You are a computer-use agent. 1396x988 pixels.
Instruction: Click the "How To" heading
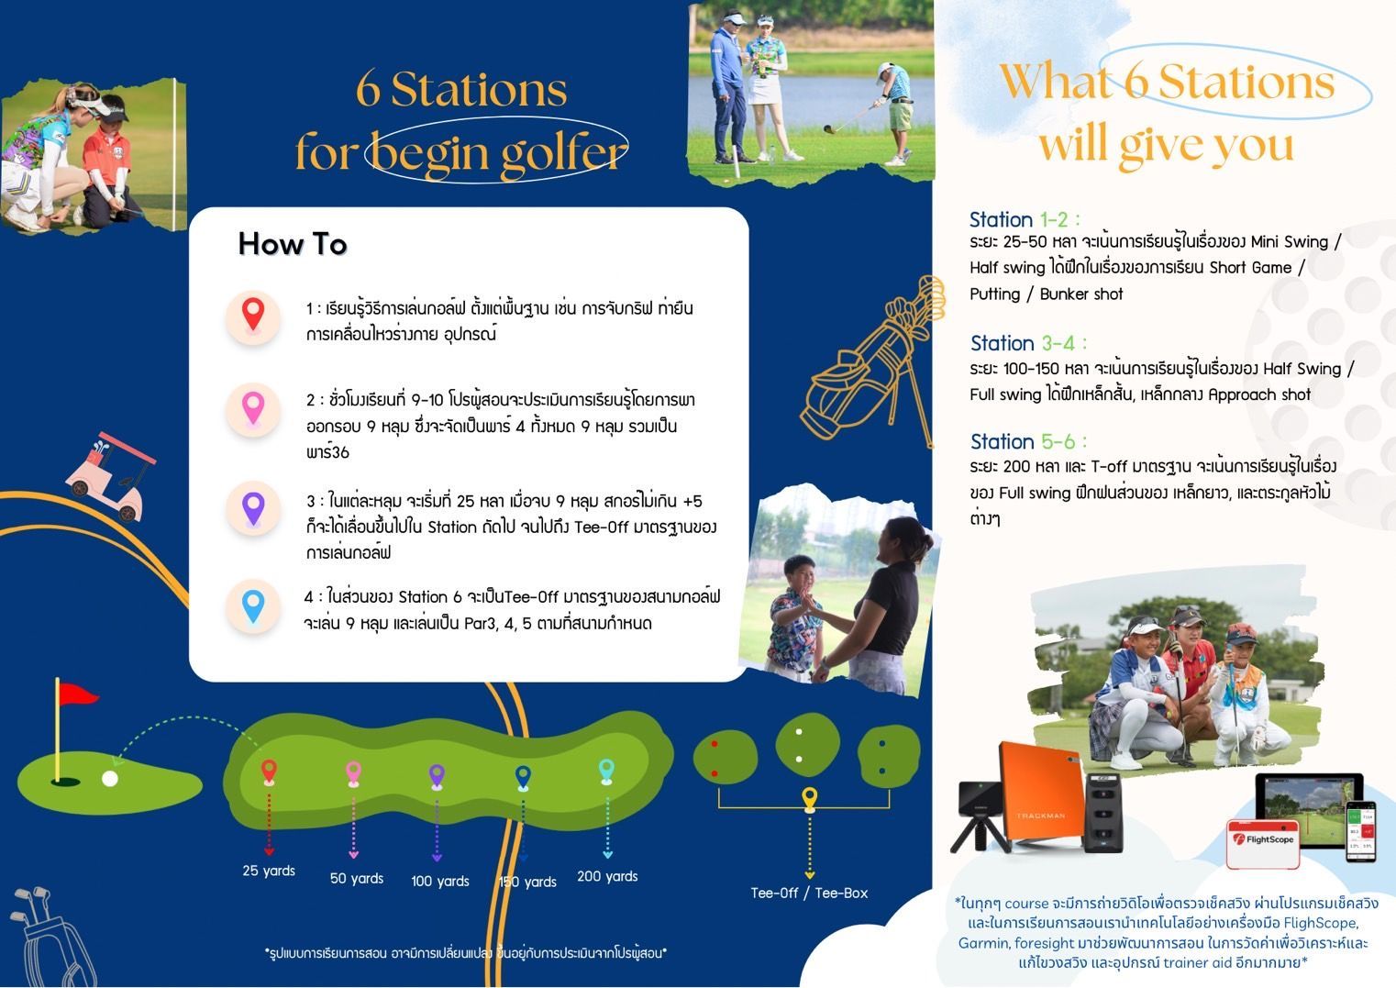point(293,244)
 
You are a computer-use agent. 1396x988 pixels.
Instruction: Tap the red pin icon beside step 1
point(253,315)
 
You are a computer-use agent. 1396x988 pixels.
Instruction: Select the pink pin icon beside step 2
point(253,408)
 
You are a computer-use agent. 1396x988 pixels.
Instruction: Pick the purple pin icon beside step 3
point(253,508)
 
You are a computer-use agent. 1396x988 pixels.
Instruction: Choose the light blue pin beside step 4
point(253,606)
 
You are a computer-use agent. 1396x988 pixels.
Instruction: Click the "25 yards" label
point(269,871)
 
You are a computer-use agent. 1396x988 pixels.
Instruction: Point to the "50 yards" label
point(357,878)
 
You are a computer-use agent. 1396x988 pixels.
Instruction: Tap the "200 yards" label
point(607,876)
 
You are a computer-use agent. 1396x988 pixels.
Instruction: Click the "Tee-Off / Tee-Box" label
point(809,893)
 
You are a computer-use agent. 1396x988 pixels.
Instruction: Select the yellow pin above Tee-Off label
point(810,798)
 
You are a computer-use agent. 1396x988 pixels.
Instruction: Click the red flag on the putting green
point(77,694)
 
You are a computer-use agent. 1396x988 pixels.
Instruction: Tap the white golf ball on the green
point(110,779)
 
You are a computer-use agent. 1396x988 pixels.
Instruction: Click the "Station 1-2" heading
point(1025,219)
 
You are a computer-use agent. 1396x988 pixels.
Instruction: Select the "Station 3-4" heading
point(1028,343)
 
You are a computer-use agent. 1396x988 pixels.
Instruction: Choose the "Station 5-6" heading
point(1028,441)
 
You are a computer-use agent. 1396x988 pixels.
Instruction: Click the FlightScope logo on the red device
point(1263,839)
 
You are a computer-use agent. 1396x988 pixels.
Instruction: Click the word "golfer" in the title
point(564,152)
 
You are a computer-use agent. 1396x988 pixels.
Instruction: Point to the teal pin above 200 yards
point(606,771)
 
